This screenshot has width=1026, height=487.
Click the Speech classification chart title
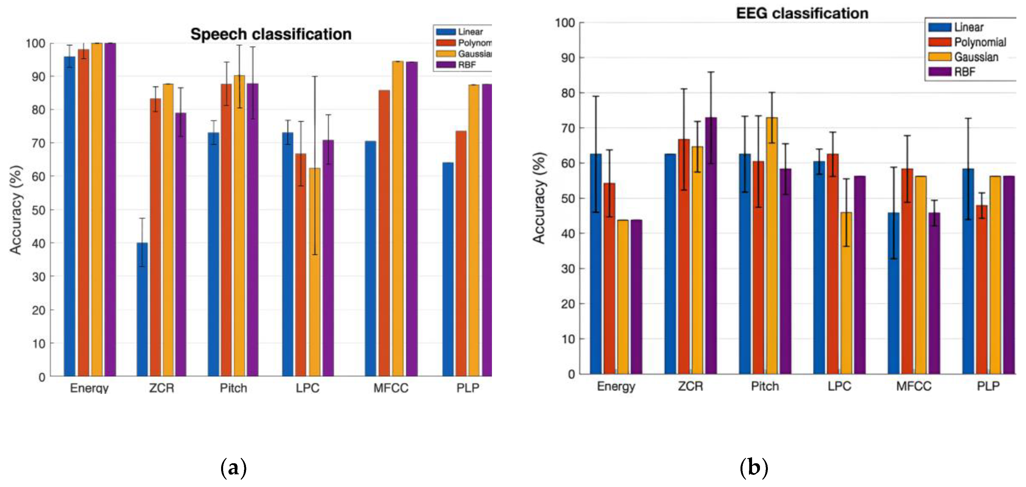click(x=271, y=34)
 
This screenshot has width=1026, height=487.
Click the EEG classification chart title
click(x=802, y=14)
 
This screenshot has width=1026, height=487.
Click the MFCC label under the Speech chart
click(x=391, y=388)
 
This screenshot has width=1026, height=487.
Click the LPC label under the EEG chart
click(x=839, y=386)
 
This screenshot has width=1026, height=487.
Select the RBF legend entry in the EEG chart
click(x=964, y=72)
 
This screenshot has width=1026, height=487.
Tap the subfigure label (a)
click(x=233, y=467)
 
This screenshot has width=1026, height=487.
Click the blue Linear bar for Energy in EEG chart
click(x=596, y=263)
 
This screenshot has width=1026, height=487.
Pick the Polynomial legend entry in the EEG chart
click(x=979, y=42)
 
